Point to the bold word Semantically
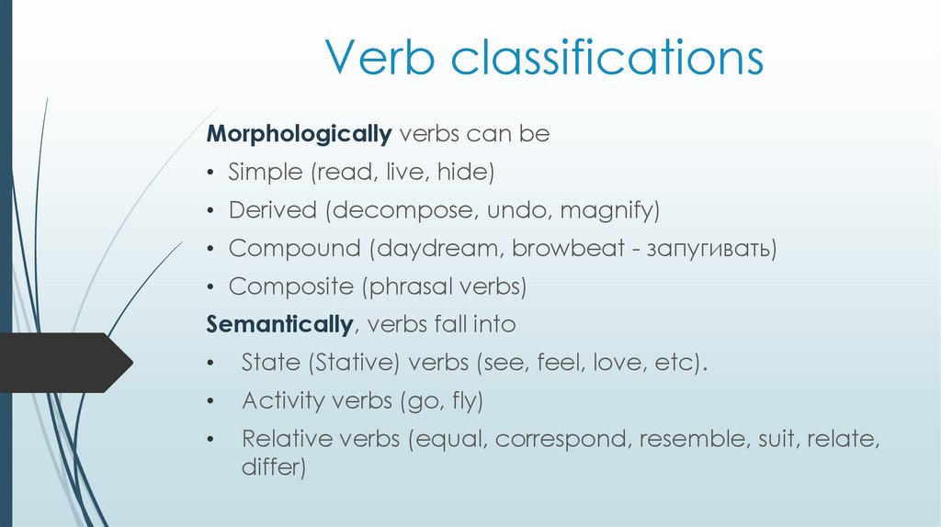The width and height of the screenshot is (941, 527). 279,324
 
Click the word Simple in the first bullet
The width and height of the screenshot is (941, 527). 266,172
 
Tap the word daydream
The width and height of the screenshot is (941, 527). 438,249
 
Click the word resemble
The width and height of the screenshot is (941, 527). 690,439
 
